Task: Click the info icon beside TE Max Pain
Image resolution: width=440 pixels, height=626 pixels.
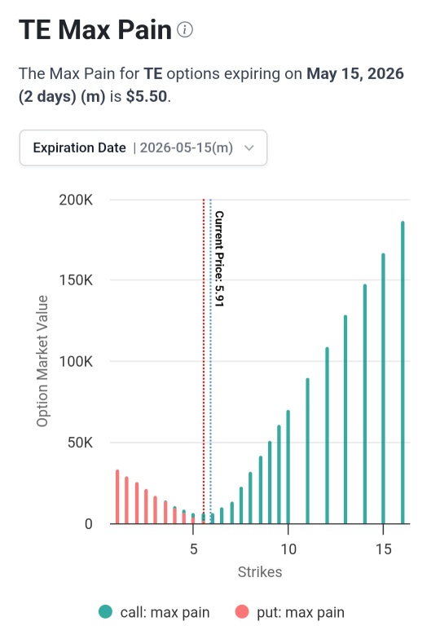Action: [185, 30]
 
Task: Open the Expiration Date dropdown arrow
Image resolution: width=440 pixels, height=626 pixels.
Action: [249, 148]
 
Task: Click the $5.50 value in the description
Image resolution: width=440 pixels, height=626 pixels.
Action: [147, 96]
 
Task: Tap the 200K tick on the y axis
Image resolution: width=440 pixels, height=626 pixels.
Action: [76, 200]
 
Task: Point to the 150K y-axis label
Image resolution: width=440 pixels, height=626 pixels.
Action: [76, 280]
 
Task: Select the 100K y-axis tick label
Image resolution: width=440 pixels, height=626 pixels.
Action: [76, 362]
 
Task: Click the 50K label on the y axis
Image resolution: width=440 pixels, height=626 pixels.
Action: [80, 443]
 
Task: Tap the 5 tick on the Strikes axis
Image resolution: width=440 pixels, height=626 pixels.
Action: [193, 549]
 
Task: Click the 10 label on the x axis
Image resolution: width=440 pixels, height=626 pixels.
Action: [288, 549]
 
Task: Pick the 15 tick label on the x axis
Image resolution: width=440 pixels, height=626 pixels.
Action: [383, 549]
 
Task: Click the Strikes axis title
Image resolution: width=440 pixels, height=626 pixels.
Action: [260, 572]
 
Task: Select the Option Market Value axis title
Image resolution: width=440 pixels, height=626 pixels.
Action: [42, 361]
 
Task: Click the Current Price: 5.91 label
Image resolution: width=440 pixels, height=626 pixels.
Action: [219, 258]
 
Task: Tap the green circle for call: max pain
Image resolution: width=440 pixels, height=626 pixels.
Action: [105, 611]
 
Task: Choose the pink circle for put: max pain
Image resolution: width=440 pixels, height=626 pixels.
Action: [242, 611]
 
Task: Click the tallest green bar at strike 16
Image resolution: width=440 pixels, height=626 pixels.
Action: [403, 373]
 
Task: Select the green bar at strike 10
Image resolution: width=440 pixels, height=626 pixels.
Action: [288, 467]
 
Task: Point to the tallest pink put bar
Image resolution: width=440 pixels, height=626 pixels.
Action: [117, 497]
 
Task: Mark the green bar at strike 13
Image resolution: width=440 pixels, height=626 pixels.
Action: [345, 420]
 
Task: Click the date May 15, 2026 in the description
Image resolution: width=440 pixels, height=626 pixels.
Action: [355, 74]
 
